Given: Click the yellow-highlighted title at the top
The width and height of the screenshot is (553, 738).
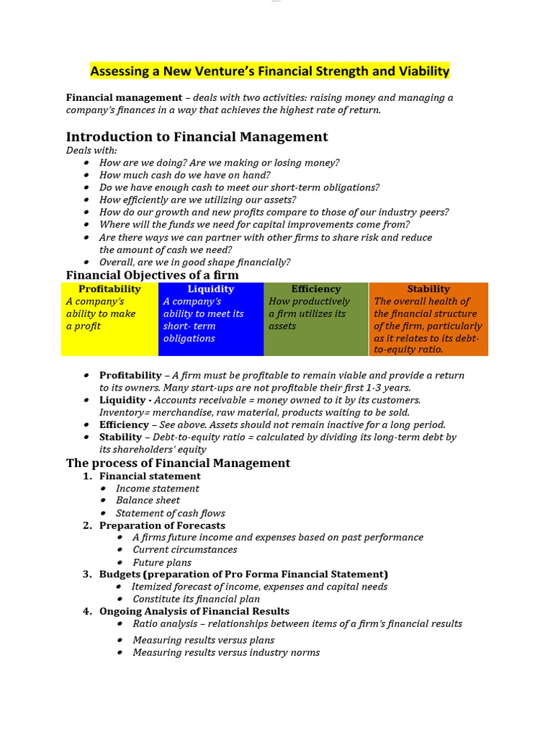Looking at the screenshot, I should click(269, 71).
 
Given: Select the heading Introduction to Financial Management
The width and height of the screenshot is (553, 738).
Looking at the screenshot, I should click(197, 136).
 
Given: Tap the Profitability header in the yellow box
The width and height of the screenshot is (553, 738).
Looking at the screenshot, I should click(109, 289).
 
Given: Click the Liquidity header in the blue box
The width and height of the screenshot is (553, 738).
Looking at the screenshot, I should click(211, 289).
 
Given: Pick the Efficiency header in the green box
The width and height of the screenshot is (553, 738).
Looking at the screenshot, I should click(316, 289).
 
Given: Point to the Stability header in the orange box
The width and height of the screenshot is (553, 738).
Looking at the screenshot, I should click(428, 289).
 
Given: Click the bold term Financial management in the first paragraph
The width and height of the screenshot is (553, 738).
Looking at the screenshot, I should click(124, 97).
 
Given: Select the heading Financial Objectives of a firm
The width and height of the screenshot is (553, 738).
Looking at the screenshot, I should click(152, 275).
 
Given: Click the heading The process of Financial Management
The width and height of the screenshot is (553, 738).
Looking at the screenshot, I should click(178, 463).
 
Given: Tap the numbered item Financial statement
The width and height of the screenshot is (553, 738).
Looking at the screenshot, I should click(150, 476).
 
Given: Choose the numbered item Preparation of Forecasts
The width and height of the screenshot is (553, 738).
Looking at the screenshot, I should click(162, 525).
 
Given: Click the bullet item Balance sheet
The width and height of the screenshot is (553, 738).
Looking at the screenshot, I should click(148, 500).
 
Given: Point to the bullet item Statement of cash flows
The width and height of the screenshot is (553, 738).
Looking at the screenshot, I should click(171, 513).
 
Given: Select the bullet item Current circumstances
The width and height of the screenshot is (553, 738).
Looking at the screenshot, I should click(185, 550).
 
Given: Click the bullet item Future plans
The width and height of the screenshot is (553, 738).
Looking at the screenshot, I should click(162, 562).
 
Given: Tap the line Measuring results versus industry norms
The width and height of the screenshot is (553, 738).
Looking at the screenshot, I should click(226, 652).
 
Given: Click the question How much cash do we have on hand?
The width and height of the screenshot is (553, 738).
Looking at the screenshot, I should click(185, 175).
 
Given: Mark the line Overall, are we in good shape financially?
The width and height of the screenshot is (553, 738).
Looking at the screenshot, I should click(195, 262).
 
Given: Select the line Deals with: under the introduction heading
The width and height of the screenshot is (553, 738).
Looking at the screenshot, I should click(91, 151).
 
